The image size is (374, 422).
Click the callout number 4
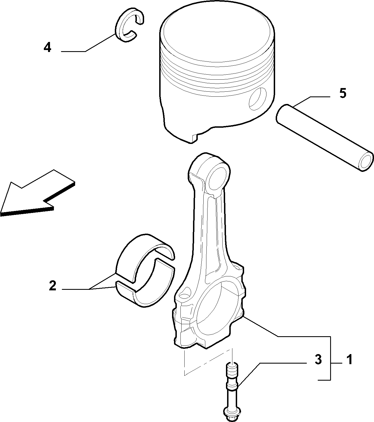[x=47, y=48]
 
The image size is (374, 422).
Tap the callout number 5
[x=342, y=93]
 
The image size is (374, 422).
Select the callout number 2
[x=53, y=286]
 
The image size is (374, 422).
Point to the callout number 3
[x=318, y=360]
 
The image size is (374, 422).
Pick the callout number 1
[x=349, y=360]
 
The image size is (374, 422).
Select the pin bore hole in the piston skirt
[x=258, y=99]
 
